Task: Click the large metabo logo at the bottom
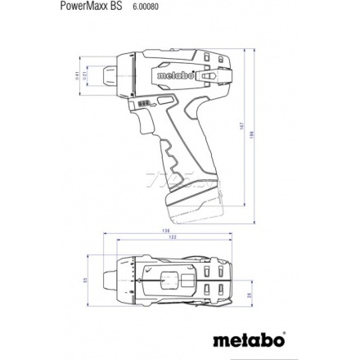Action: click(249, 338)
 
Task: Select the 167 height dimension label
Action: click(244, 127)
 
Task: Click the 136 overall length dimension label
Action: click(166, 232)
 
